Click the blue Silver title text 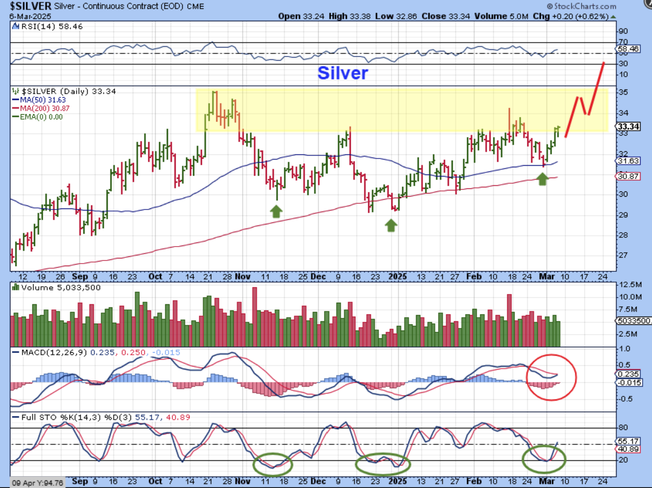click(x=342, y=73)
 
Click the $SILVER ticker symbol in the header click(x=30, y=6)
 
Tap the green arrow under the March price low click(x=542, y=179)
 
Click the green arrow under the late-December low click(x=391, y=224)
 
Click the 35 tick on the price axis click(x=624, y=93)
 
